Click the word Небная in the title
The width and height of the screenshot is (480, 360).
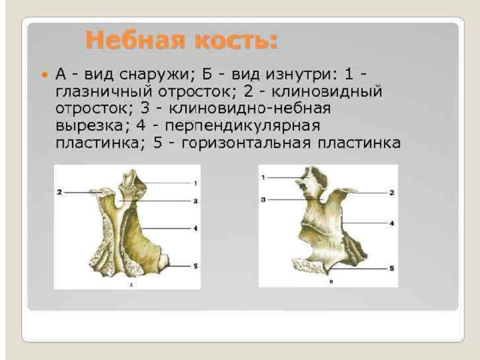tap(135, 40)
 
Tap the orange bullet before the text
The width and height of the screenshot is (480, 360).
tap(45, 74)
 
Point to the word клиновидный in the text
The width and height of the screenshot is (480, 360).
tap(327, 91)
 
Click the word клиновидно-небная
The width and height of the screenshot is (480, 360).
tap(250, 109)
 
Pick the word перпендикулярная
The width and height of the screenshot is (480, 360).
tap(242, 126)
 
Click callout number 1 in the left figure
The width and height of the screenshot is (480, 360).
tap(195, 183)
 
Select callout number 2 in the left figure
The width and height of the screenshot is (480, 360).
tap(59, 192)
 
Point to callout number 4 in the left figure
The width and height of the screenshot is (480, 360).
tap(195, 228)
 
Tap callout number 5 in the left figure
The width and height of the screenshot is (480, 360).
tap(195, 266)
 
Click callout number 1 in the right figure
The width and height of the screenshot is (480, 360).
tap(263, 177)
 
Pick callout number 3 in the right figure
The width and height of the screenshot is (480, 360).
tap(263, 200)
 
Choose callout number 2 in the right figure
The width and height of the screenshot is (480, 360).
tap(391, 193)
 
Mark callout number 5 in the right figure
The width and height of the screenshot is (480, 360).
tap(391, 268)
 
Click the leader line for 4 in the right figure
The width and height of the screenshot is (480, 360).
tap(365, 223)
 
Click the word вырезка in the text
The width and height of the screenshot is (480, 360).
tap(89, 126)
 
